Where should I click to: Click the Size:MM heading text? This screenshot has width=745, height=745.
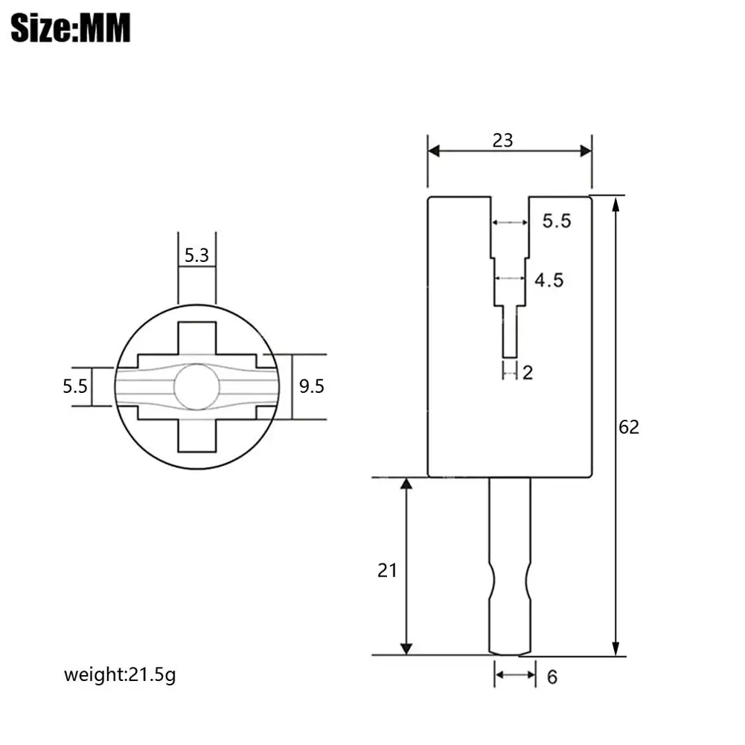coord(70,28)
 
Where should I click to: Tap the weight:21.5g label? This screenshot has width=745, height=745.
coord(120,675)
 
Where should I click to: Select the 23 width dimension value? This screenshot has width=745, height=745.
coord(502,141)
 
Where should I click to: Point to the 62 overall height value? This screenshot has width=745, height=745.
coord(629,427)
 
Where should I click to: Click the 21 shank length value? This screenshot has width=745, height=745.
coord(387,570)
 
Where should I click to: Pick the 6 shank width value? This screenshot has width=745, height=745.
coord(552,677)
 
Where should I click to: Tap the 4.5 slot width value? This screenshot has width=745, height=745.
coord(549,281)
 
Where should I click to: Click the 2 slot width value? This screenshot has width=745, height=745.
coord(528,373)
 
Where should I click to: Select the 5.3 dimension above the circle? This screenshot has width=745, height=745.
coord(196,255)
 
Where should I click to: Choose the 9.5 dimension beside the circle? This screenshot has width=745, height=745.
coord(312,386)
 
